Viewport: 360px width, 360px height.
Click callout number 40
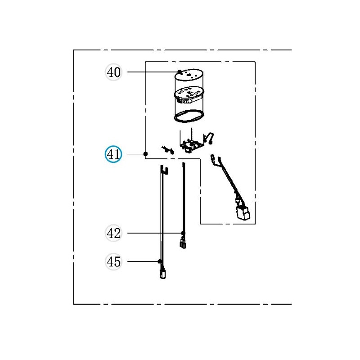(114, 72)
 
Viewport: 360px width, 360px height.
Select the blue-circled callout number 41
(113, 155)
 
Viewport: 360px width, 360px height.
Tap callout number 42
(114, 233)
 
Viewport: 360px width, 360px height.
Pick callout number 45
(114, 261)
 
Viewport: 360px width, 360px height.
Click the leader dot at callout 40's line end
(180, 72)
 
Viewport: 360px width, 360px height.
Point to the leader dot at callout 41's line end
(145, 154)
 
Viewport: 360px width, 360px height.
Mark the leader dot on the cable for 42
(183, 233)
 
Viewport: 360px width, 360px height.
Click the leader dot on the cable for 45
(159, 261)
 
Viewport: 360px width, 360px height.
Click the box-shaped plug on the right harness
(243, 213)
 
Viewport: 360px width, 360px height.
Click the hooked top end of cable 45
(164, 169)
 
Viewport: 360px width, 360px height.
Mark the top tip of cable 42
(184, 165)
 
